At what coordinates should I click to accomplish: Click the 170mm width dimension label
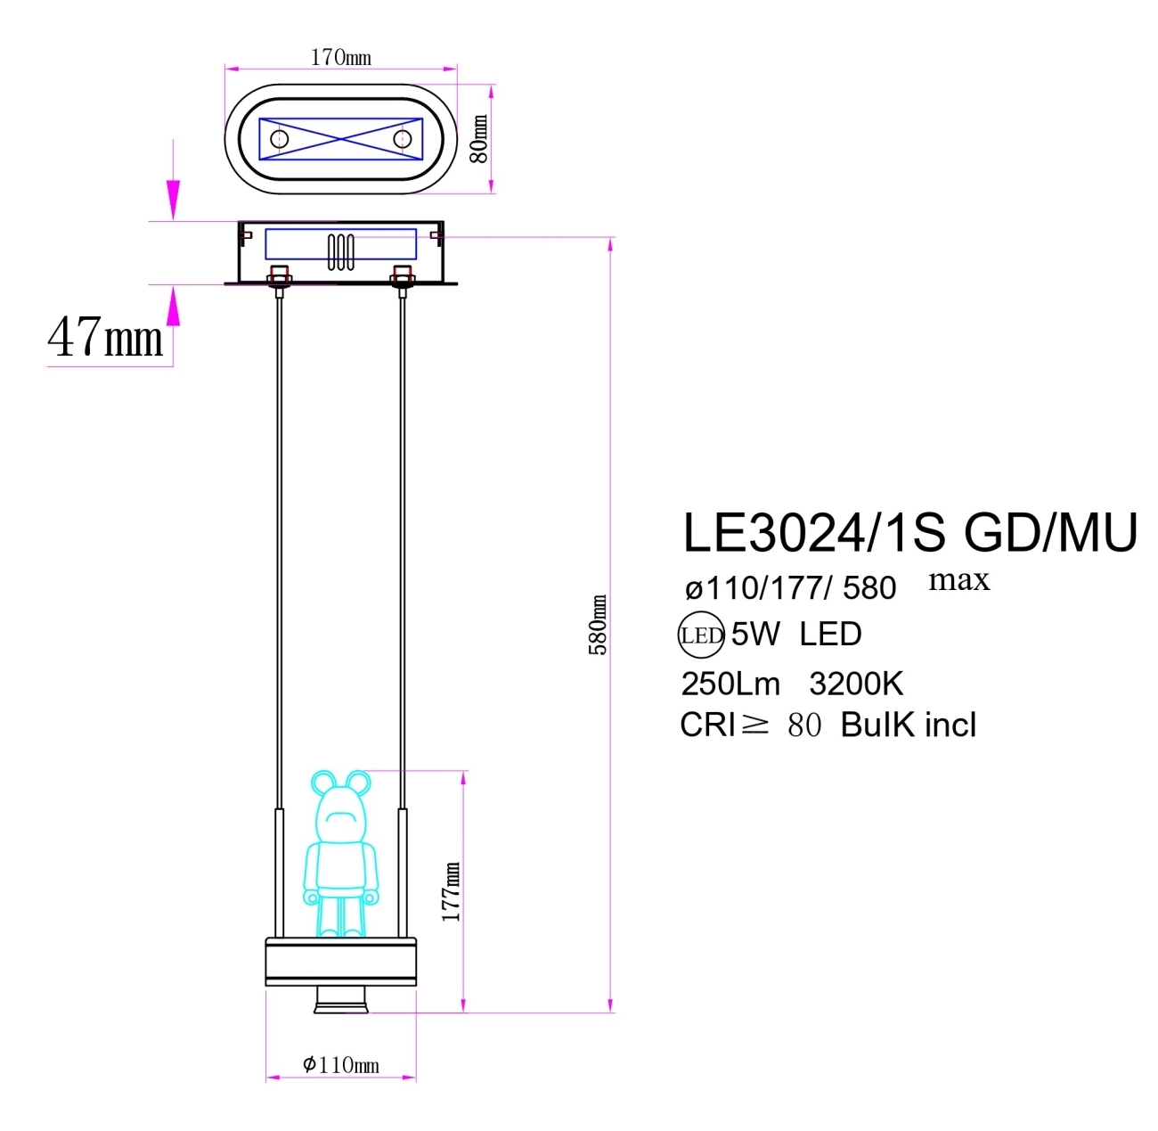tap(340, 57)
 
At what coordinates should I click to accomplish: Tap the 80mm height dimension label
tap(479, 139)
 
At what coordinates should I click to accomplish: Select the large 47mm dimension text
tap(105, 338)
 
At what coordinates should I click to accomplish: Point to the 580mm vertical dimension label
tap(599, 625)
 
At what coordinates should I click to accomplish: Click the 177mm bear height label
tap(452, 891)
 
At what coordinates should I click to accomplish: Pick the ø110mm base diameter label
tap(340, 1064)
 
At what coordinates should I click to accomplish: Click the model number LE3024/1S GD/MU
tap(909, 533)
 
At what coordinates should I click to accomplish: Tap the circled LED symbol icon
tap(700, 635)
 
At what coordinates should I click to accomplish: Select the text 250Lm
tap(730, 684)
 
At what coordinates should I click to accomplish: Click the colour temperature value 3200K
tap(856, 684)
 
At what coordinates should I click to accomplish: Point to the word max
tap(958, 580)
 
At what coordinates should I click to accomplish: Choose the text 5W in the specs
tap(754, 634)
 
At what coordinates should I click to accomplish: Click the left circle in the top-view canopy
tap(279, 139)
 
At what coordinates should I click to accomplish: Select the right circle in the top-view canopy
tap(403, 139)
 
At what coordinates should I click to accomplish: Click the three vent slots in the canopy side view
tap(340, 252)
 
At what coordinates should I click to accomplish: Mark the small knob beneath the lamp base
tap(340, 1001)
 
